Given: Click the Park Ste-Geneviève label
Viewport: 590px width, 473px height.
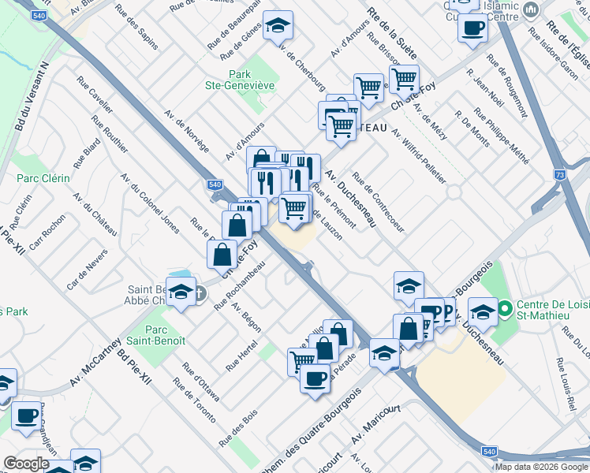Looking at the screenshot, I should click(251, 80).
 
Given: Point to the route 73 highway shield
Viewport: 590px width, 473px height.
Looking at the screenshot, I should click(560, 174).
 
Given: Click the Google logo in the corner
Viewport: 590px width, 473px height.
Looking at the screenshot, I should click(26, 464).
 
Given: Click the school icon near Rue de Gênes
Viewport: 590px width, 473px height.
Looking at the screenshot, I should click(277, 27).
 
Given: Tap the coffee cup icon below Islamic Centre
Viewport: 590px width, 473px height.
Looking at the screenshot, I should click(472, 29).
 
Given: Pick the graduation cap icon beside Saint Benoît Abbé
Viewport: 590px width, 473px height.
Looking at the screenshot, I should click(181, 294).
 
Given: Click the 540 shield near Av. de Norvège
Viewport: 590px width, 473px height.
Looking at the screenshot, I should click(215, 184).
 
